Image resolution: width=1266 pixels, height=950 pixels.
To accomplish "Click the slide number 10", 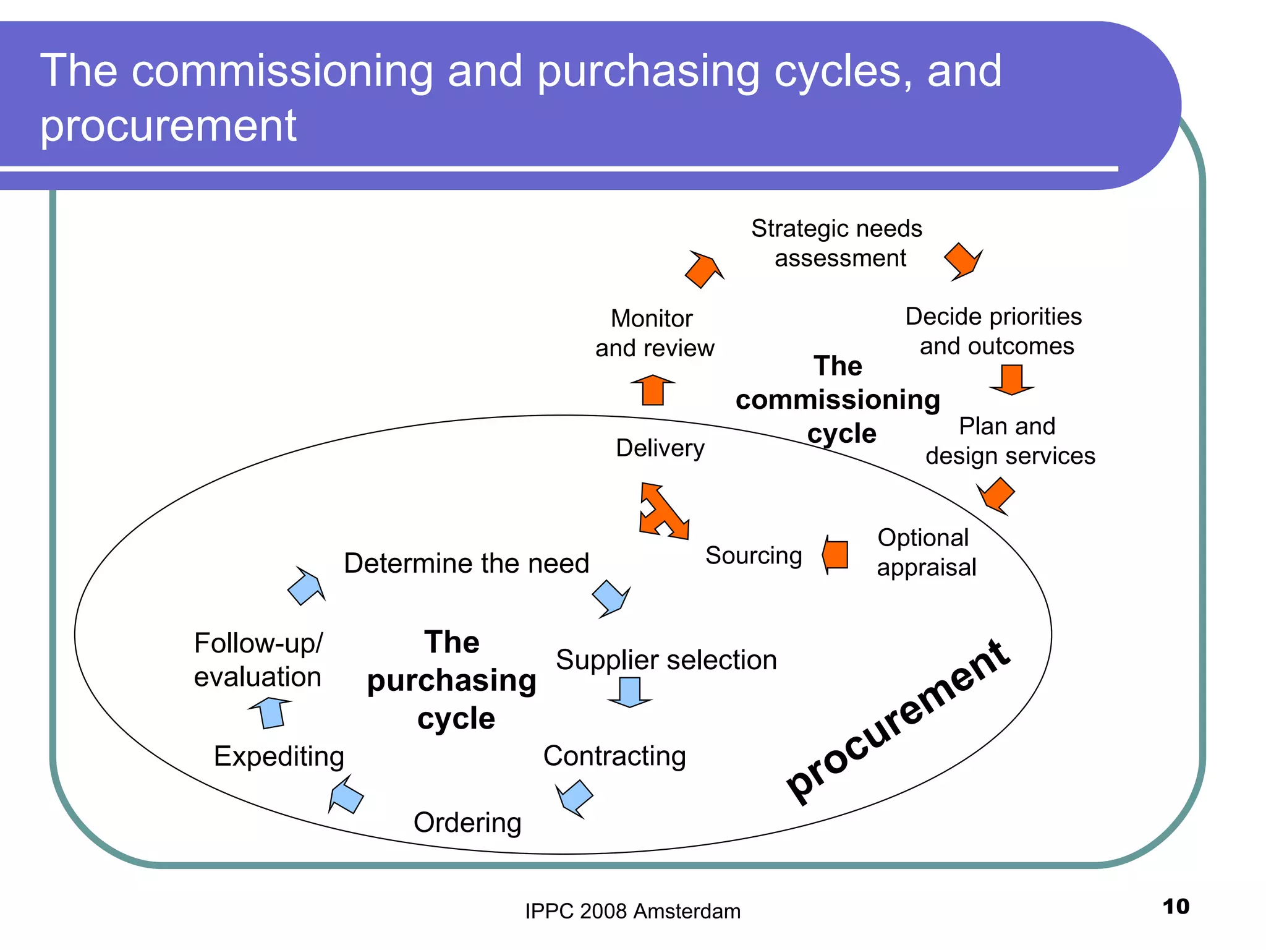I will coord(1175,907).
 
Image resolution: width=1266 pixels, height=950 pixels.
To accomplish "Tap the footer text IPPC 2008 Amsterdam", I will coord(632,911).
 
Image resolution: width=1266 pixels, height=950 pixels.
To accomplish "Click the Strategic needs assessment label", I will coord(837,243).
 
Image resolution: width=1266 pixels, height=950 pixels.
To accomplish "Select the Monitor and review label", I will coord(654,333).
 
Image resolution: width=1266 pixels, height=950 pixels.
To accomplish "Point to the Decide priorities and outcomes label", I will coord(994,331).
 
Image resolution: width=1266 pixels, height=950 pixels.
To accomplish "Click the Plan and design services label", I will coord(1009,441).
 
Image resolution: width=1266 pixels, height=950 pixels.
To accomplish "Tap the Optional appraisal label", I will coord(925,552).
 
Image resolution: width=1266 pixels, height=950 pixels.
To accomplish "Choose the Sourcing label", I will coord(754,555).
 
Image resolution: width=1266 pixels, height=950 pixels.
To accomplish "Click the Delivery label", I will coord(660,448).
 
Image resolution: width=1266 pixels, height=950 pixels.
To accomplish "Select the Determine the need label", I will coord(466,563).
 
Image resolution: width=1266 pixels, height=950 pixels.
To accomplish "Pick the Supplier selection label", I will coord(666,660).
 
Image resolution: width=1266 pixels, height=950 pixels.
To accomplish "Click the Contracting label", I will coord(614,756).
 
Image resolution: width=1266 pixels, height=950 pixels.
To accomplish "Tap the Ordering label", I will coord(467,823).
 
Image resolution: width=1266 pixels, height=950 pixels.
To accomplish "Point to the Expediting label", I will coord(279,756).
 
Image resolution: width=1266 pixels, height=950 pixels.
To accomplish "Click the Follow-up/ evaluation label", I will coord(258,660).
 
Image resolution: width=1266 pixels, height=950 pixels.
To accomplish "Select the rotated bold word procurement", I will coord(898,722).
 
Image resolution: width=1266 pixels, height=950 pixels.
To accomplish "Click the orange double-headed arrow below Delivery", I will coord(663,511).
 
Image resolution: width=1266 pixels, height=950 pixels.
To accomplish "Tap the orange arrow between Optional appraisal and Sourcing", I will coord(835,555).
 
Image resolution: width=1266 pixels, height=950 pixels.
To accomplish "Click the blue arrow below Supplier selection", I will coord(629,692).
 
